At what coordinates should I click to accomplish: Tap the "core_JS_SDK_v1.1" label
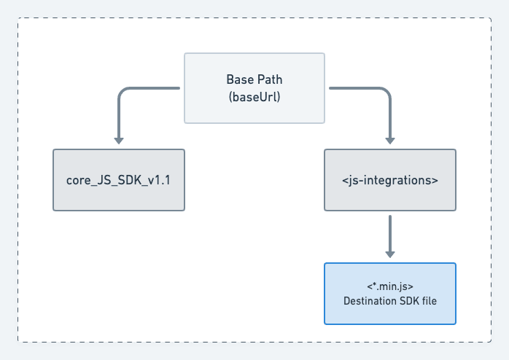[x=119, y=180]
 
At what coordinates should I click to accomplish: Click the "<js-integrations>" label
[x=390, y=180]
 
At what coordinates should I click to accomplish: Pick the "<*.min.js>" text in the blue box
[x=390, y=286]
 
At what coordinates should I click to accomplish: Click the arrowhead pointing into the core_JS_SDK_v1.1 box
[x=119, y=140]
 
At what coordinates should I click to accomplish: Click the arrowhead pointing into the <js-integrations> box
[x=390, y=140]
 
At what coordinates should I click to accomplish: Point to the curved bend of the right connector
[x=386, y=92]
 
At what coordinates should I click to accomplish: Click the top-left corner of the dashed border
[x=18, y=18]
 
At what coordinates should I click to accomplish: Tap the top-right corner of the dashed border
[x=491, y=18]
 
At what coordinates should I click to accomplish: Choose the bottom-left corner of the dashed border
[x=18, y=342]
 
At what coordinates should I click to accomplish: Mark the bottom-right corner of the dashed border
[x=491, y=342]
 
